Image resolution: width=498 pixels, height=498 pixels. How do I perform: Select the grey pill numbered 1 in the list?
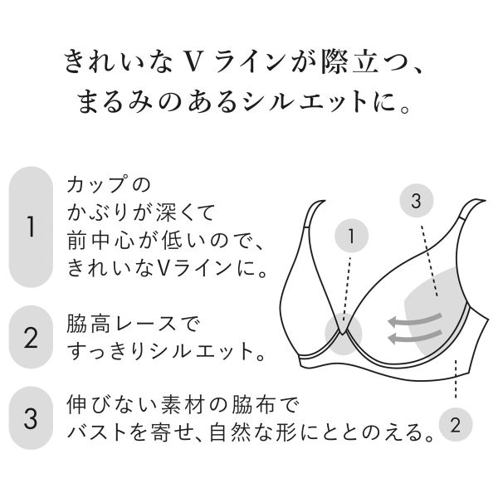[31, 227]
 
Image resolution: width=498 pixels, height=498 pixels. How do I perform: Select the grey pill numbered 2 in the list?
[31, 337]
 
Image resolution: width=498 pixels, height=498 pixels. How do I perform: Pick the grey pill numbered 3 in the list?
[31, 418]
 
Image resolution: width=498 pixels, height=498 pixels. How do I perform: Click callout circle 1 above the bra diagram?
[352, 236]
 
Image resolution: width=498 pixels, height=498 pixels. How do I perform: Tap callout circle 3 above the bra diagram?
[417, 201]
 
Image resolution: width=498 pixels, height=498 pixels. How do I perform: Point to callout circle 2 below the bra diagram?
[456, 424]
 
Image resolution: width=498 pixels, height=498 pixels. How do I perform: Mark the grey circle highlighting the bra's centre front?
[344, 335]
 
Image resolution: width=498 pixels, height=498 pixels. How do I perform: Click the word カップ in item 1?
[95, 184]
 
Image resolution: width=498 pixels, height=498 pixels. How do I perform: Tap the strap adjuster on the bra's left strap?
[307, 227]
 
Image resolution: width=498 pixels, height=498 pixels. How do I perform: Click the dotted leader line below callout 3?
[429, 261]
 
